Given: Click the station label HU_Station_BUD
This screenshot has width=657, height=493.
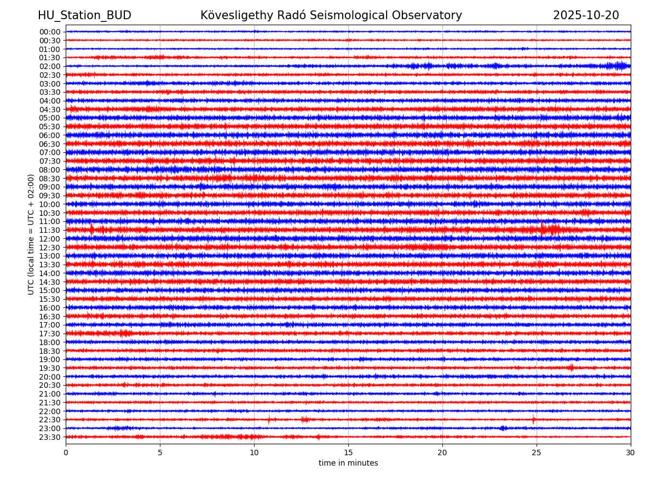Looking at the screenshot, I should (x=84, y=15).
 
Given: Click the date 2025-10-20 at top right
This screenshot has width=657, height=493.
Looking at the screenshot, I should (x=586, y=15).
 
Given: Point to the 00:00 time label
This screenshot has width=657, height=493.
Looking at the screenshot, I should (x=49, y=32).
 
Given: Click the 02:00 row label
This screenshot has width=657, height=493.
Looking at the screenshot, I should (x=49, y=66).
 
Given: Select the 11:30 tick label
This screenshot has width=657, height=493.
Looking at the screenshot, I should (x=49, y=230).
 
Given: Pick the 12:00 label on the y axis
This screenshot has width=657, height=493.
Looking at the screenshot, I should (x=49, y=239).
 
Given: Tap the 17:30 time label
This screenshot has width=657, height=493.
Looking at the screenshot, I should (x=49, y=334).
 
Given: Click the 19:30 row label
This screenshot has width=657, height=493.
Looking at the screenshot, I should (x=49, y=368).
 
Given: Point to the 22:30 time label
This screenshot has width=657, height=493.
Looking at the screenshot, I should (x=49, y=420).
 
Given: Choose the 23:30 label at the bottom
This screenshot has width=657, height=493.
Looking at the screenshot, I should (x=49, y=437).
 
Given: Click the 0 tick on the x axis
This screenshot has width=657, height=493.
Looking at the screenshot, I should (x=66, y=453).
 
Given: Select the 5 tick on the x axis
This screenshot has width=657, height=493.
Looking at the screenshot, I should (x=160, y=453).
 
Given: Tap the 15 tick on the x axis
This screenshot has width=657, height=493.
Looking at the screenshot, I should (x=348, y=453).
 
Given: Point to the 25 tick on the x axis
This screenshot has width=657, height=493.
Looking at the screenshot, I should (x=537, y=453).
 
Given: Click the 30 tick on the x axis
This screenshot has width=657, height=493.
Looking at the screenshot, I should (x=631, y=453).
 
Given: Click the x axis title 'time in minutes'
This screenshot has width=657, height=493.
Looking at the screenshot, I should (x=348, y=463).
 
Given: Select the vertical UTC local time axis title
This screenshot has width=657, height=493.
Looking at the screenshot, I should (x=31, y=234).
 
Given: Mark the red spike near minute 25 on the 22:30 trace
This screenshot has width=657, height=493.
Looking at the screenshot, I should (x=533, y=420).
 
